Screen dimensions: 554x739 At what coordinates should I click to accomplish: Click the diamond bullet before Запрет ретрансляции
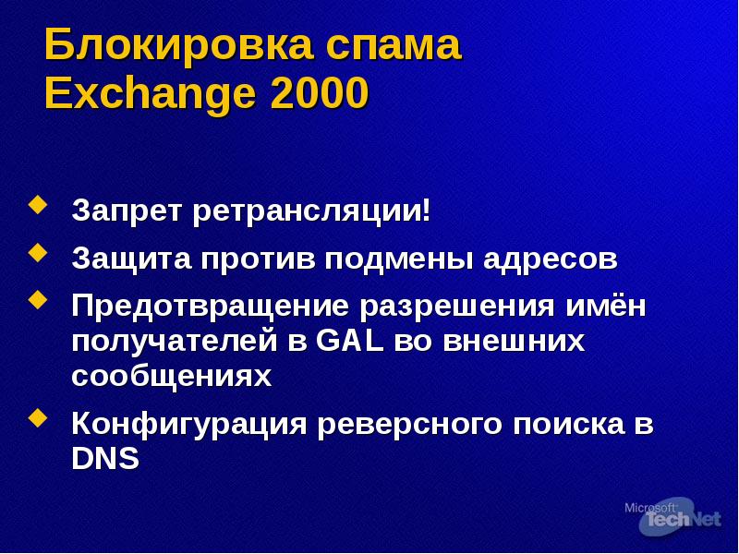pyautogui.click(x=37, y=204)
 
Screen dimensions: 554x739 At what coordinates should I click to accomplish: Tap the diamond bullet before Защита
pyautogui.click(x=37, y=251)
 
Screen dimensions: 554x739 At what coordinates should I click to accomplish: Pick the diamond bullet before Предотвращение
pyautogui.click(x=37, y=299)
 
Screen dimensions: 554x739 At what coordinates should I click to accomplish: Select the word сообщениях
pyautogui.click(x=172, y=376)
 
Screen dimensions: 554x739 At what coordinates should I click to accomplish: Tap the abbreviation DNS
pyautogui.click(x=105, y=459)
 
